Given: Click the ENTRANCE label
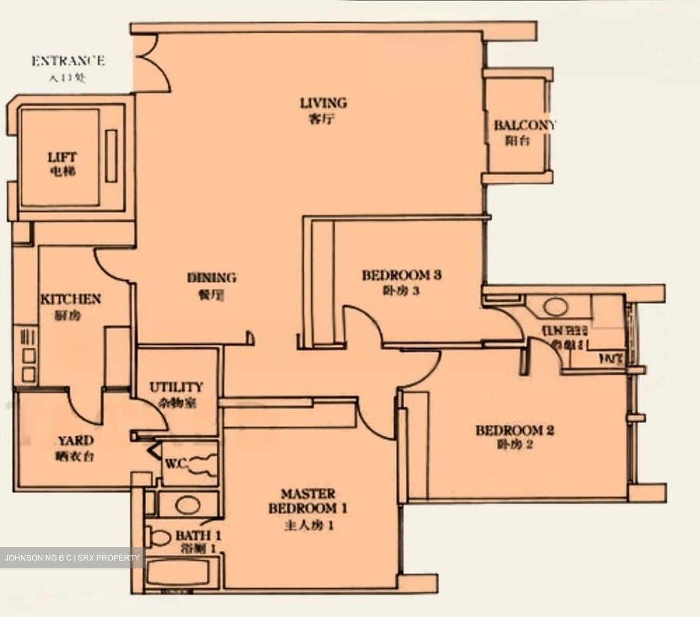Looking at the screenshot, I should (68, 61).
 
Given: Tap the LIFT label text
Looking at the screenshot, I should (62, 157).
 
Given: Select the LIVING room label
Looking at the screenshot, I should (323, 103).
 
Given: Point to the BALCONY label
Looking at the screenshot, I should (524, 125).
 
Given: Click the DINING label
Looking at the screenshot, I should (211, 278).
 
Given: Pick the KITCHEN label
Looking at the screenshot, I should (70, 299).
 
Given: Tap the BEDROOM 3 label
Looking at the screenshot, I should (401, 275).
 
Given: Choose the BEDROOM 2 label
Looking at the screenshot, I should (515, 430).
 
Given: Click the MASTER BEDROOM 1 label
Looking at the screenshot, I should (308, 501).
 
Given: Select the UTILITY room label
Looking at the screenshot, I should (175, 387).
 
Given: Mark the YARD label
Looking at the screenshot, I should (76, 441).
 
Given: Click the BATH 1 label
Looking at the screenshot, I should (198, 536).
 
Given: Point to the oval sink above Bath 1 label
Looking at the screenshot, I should (187, 505).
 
